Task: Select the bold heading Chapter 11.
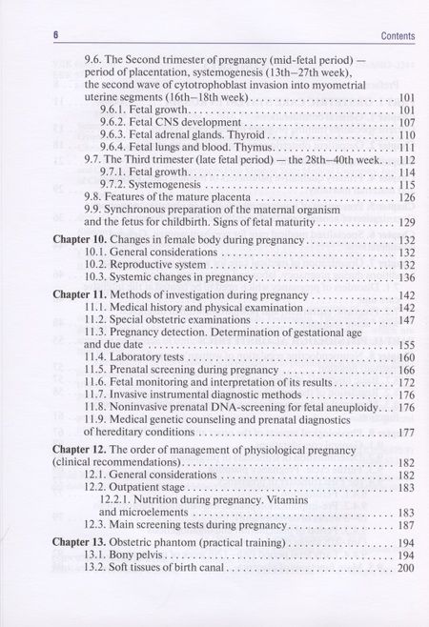78,296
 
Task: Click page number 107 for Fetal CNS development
405,123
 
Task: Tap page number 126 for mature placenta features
405,197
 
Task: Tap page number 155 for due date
405,344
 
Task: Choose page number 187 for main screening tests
405,525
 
